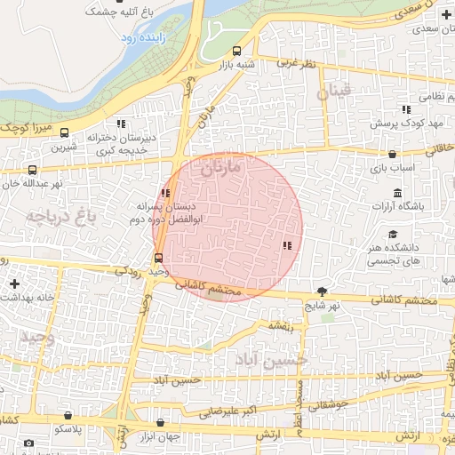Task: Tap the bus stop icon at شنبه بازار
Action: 235,51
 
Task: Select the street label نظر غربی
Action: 296,64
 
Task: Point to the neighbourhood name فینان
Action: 340,91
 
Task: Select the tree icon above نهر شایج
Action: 322,291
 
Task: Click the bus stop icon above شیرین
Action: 33,170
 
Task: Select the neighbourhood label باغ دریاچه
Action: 60,216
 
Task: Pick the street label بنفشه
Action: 278,326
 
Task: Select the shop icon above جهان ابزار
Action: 160,423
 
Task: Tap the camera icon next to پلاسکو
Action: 28,443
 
